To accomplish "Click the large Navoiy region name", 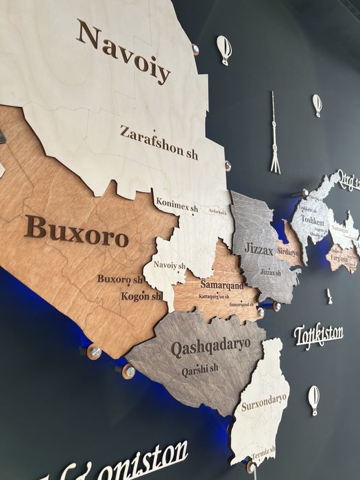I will pos(123,51).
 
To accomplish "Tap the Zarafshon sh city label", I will pos(158,143).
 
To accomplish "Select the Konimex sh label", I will pos(177,204).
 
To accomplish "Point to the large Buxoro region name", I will pos(76,231).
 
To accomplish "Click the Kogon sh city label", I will pos(141,296).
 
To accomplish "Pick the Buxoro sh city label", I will pos(119,280).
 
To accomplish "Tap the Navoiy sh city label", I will pos(169,265).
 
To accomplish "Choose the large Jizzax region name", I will pos(259,249).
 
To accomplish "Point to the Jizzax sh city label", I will pos(270,272).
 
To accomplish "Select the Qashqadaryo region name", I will pos(210,346).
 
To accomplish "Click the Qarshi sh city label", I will pos(200,370).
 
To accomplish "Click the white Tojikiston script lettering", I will pos(318,335).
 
